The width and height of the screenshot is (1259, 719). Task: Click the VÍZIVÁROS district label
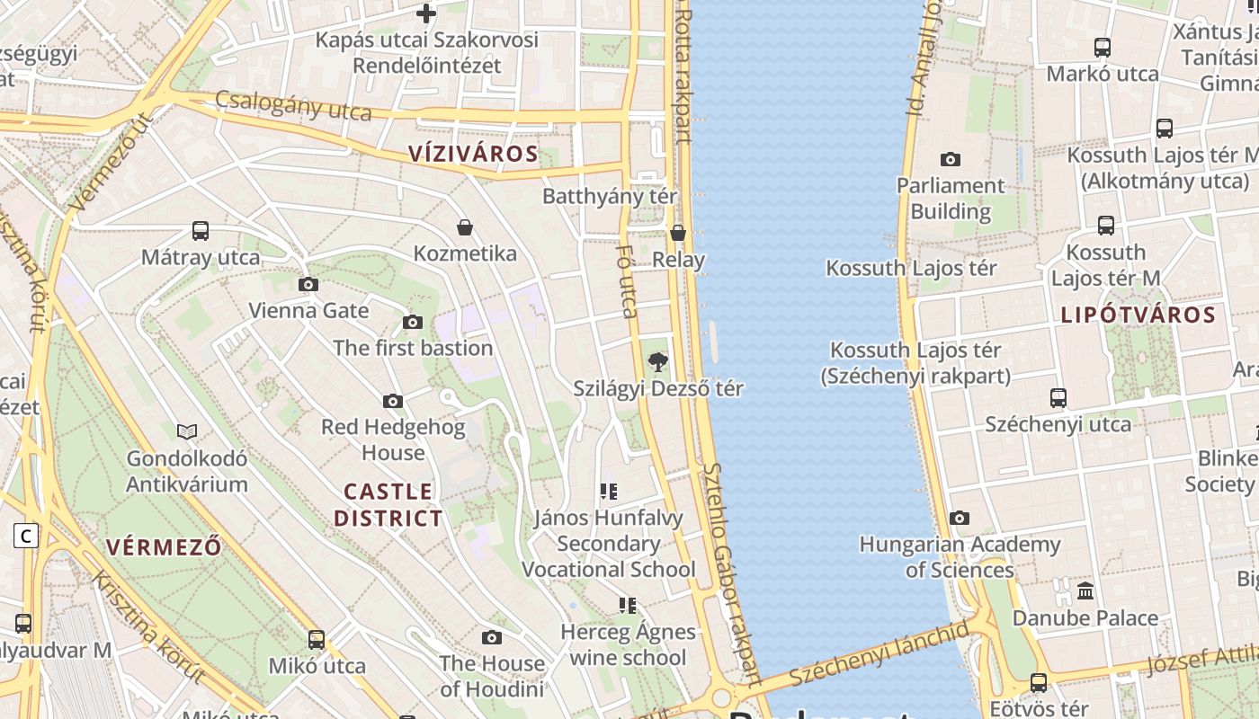[473, 154]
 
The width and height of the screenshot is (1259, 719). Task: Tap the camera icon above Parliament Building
[951, 160]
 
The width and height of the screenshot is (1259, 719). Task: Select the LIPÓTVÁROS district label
[1138, 315]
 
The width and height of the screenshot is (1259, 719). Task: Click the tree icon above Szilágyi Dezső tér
[658, 362]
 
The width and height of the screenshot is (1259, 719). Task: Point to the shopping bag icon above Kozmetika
[465, 227]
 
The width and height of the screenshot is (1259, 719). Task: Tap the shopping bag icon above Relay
[678, 233]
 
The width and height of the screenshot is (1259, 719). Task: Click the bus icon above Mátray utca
[201, 231]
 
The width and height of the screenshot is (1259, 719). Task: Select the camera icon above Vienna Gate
[308, 285]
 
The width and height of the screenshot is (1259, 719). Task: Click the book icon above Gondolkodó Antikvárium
[187, 432]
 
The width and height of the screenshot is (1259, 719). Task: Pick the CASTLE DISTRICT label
[388, 505]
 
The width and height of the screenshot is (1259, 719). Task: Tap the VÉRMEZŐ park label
[164, 547]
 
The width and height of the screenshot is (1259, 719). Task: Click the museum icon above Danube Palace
[1085, 591]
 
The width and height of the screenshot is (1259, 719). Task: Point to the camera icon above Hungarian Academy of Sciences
[960, 519]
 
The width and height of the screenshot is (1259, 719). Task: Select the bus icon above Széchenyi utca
[1058, 397]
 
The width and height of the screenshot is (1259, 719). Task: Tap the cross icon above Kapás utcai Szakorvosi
[426, 13]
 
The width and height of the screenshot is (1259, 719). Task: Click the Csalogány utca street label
[292, 105]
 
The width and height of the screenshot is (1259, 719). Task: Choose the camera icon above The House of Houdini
[492, 638]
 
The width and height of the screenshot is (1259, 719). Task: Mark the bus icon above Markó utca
[1103, 48]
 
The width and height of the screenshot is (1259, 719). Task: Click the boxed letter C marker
[26, 537]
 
